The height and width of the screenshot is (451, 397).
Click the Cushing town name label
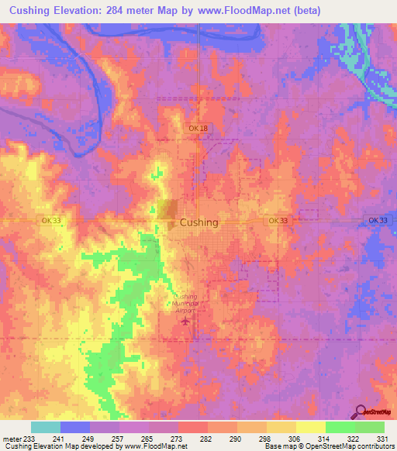coord(199,222)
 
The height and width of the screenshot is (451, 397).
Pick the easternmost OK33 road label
coord(378,221)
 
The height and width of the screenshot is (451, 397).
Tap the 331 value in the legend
coord(380,439)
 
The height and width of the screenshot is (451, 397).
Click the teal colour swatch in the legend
coord(46,427)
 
